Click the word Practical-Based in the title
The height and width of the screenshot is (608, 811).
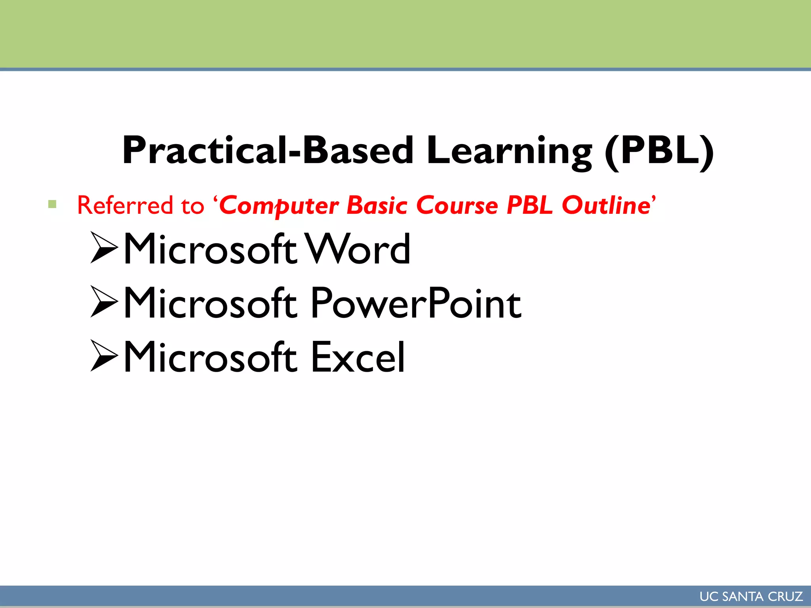pyautogui.click(x=268, y=150)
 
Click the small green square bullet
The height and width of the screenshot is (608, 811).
pyautogui.click(x=52, y=204)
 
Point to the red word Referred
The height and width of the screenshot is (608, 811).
pyautogui.click(x=125, y=205)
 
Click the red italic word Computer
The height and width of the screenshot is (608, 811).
pyautogui.click(x=279, y=206)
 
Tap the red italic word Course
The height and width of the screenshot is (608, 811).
pyautogui.click(x=457, y=205)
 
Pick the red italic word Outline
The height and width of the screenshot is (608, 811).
pyautogui.click(x=606, y=205)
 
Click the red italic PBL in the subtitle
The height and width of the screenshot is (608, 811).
pyautogui.click(x=529, y=205)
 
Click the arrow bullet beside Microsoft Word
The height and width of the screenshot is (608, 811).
pyautogui.click(x=104, y=248)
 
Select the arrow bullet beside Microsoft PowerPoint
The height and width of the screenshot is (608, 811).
pyautogui.click(x=104, y=302)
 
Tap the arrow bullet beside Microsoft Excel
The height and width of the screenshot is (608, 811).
pyautogui.click(x=104, y=355)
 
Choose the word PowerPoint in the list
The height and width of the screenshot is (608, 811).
pyautogui.click(x=416, y=303)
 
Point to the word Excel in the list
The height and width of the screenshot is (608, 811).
pyautogui.click(x=358, y=357)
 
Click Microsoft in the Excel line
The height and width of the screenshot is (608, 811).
pyautogui.click(x=210, y=357)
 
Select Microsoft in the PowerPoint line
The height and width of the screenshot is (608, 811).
pyautogui.click(x=210, y=303)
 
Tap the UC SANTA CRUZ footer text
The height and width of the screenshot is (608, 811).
pyautogui.click(x=751, y=597)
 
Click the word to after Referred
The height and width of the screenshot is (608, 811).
pyautogui.click(x=192, y=206)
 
